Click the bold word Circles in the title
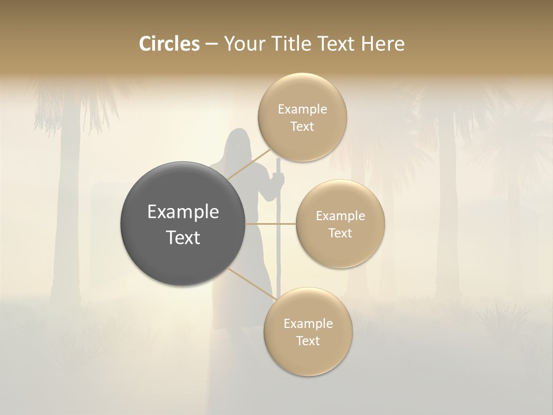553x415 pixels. point(169,44)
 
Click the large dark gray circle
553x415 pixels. point(183,224)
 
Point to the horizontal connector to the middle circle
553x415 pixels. point(271,223)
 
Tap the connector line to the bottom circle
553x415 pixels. point(251,284)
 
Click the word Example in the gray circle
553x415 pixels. point(183,212)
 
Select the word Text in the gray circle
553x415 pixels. point(183,237)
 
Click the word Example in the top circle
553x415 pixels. point(302,110)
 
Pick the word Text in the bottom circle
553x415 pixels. point(308,341)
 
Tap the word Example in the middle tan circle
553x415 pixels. point(340,216)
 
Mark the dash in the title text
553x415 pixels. point(211,44)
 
